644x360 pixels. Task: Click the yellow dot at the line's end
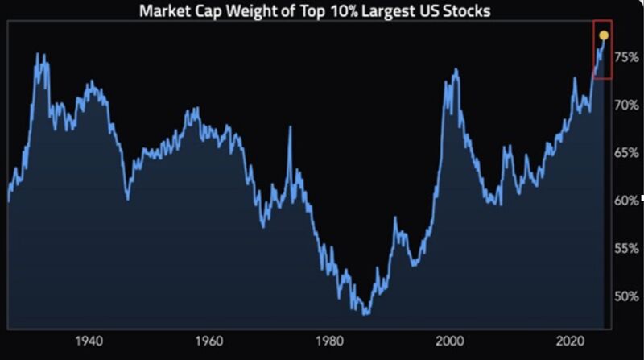coord(604,35)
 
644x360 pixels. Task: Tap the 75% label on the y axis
coord(627,57)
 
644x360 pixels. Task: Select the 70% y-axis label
coord(627,105)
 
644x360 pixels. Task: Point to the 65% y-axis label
coord(627,152)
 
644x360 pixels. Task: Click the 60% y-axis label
coord(627,200)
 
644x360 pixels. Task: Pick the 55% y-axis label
coord(627,248)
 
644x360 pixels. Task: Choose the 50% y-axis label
coord(627,296)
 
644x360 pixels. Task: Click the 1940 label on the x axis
coord(88,340)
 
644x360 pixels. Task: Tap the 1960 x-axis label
coord(208,340)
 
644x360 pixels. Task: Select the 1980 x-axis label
coord(329,340)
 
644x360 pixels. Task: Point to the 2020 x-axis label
coord(571,340)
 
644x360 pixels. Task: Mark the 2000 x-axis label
coord(450,340)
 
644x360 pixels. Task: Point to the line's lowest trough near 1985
coord(365,313)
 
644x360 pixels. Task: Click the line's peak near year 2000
coord(456,70)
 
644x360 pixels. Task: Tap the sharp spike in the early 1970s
coord(290,127)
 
